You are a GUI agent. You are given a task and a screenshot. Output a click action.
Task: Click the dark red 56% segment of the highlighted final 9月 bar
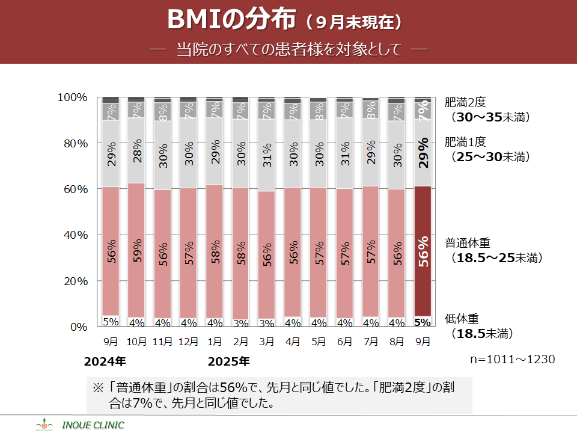[423, 251]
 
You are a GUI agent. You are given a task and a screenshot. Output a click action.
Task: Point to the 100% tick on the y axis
[72, 97]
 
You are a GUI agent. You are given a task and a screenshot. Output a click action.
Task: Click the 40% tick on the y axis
[75, 235]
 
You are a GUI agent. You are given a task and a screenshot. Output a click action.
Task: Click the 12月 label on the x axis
[189, 342]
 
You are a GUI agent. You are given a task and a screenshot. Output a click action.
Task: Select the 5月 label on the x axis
[319, 342]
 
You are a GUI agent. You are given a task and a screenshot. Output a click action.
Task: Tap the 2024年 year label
[105, 362]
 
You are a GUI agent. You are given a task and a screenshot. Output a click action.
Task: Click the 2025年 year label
[228, 362]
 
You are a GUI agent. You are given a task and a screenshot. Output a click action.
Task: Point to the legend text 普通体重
[468, 244]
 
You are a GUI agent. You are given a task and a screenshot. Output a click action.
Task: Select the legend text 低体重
[462, 319]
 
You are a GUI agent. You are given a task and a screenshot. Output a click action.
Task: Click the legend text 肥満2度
[468, 102]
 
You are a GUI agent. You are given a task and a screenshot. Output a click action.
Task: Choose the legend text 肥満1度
[468, 143]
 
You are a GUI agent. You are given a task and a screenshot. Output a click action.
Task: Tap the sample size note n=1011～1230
[512, 359]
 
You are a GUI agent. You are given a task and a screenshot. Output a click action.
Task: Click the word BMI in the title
[191, 20]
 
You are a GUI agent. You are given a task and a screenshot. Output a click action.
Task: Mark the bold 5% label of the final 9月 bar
[423, 322]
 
